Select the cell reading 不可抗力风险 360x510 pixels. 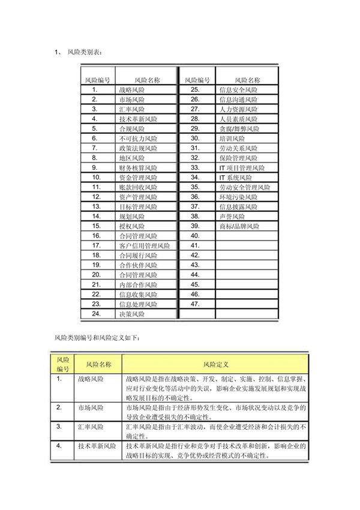138,138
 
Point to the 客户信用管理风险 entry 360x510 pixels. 145,245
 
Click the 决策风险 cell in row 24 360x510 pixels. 132,314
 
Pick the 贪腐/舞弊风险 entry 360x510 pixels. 239,128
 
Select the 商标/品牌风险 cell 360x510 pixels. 239,226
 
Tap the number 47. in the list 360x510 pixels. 194,304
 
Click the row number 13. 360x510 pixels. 95,206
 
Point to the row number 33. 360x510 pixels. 194,167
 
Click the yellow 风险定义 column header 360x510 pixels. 216,364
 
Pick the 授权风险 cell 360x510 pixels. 132,226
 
